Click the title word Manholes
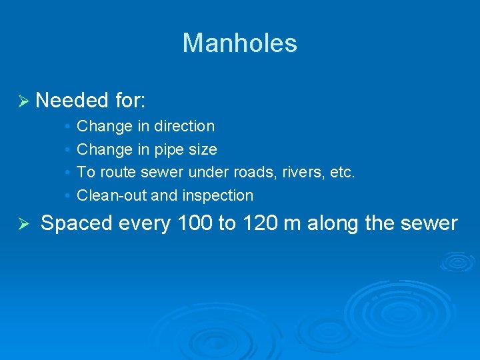[x=239, y=43]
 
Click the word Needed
[x=72, y=101]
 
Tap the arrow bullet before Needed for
[x=23, y=101]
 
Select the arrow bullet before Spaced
[x=23, y=224]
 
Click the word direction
[x=184, y=126]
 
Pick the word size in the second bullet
[x=204, y=149]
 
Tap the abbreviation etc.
[x=343, y=173]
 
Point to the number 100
[x=195, y=223]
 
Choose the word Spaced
[x=76, y=223]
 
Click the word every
[x=145, y=224]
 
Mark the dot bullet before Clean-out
[x=69, y=196]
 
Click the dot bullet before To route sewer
[x=69, y=173]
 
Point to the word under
[x=209, y=173]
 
